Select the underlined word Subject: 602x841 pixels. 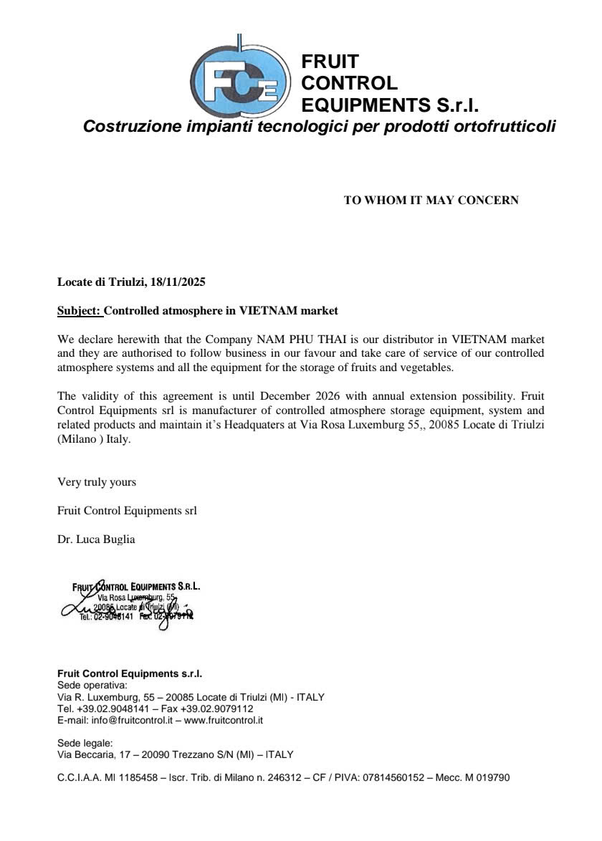(x=80, y=311)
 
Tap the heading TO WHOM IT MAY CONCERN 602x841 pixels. (x=431, y=201)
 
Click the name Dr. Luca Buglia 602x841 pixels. (x=96, y=539)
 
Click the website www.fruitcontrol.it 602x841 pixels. (x=224, y=720)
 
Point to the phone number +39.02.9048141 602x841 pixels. (x=109, y=708)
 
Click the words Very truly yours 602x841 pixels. (x=97, y=482)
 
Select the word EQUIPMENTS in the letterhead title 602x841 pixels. (x=367, y=106)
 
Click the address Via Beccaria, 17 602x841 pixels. (x=95, y=754)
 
